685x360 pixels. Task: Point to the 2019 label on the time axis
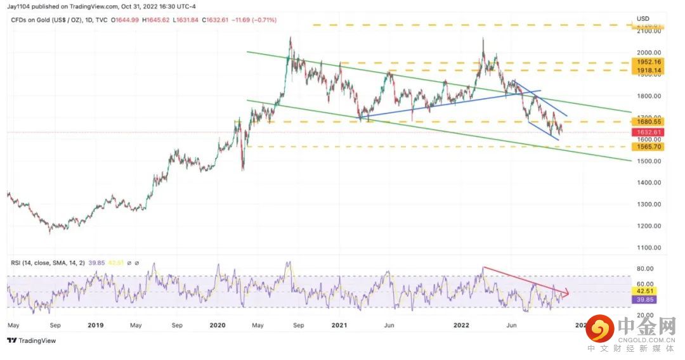pos(96,325)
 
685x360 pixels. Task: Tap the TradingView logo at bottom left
pos(32,340)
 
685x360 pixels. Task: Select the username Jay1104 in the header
pos(20,6)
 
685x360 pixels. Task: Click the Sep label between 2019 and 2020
pos(177,325)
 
